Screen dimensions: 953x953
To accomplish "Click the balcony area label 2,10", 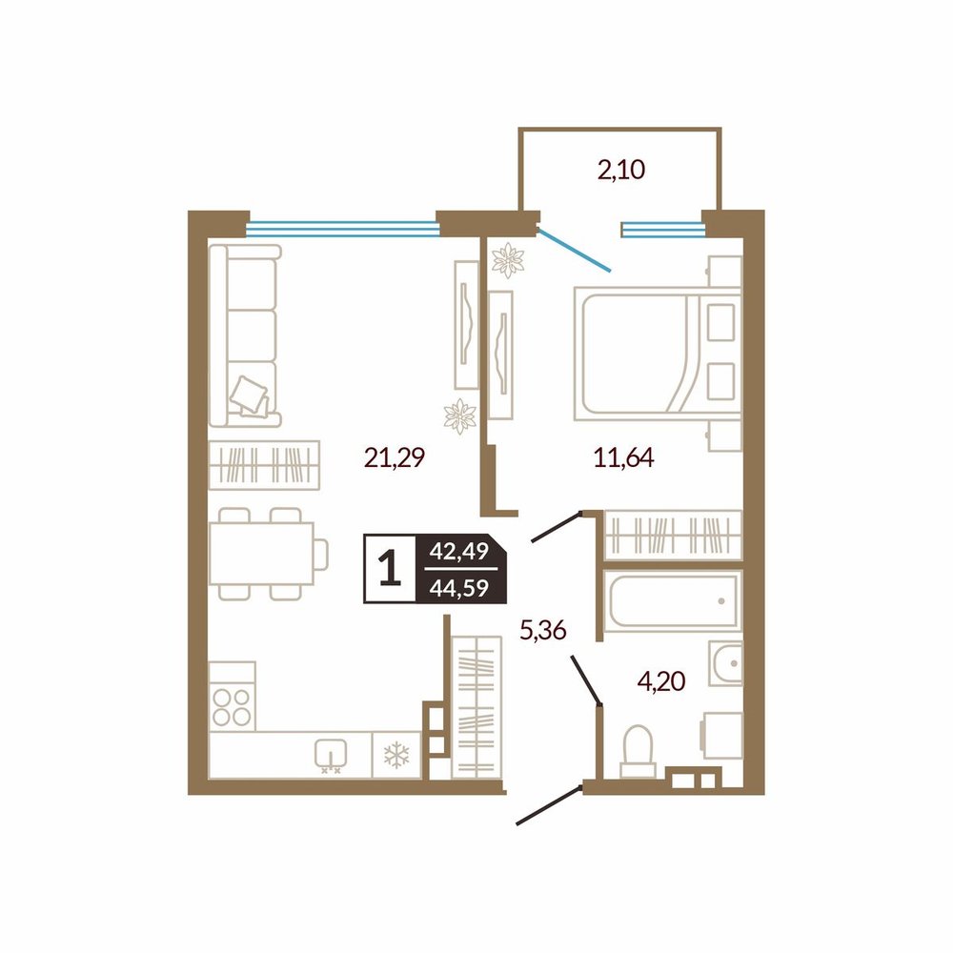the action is pos(620,171).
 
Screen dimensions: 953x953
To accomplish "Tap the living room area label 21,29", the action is pos(394,457).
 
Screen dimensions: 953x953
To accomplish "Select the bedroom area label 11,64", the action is pos(623,457).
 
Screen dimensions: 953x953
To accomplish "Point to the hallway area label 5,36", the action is pos(543,630).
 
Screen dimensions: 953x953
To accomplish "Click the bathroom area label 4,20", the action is pos(661,682).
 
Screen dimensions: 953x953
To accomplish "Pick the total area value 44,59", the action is pos(459,588).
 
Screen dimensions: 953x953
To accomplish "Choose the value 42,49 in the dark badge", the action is pos(459,551).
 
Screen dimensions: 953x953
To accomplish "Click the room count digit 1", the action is pos(390,568).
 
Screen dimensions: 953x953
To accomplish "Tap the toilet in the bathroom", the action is pos(638,751).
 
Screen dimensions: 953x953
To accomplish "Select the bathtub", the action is pos(672,601).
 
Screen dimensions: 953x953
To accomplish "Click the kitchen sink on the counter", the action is pos(331,755).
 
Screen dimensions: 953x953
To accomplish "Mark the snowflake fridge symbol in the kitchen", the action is pos(396,756).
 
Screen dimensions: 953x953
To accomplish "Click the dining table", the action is pos(261,554).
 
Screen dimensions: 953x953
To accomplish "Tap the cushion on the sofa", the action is pos(249,396).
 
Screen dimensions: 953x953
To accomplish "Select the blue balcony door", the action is pos(573,249).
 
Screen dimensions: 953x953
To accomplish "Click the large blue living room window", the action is pos(343,229).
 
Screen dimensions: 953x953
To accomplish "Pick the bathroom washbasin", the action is pos(725,662).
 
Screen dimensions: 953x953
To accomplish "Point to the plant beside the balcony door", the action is pos(508,260).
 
